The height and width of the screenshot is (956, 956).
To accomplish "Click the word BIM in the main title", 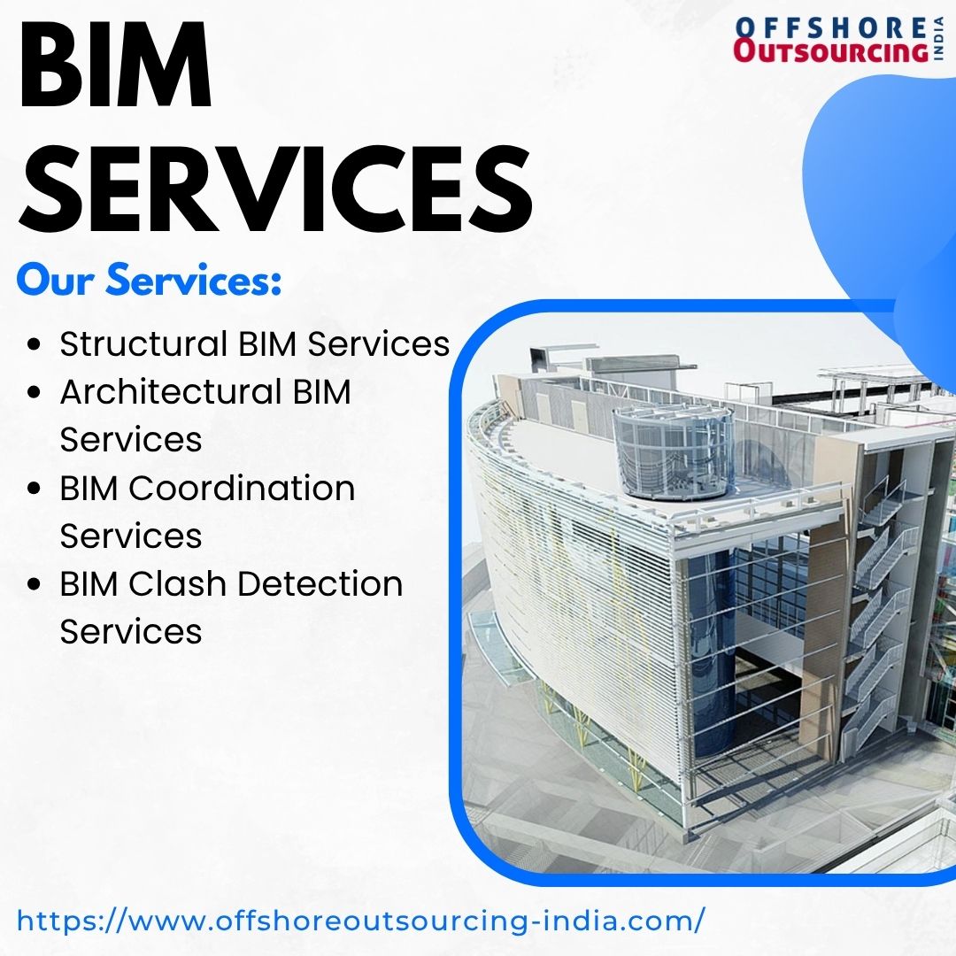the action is [115, 65].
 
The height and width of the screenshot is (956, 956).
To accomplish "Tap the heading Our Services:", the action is [150, 280].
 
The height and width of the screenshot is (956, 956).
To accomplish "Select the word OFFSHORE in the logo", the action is [830, 27].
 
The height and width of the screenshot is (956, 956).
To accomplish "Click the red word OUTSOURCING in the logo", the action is [830, 50].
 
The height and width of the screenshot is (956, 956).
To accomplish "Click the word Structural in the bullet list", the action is [143, 343].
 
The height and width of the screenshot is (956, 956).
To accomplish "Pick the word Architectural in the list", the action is [171, 391].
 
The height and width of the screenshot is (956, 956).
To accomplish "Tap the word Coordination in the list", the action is [242, 488].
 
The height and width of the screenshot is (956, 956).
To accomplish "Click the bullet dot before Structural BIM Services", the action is [35, 344].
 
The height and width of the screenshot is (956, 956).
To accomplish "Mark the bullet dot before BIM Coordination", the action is [35, 489].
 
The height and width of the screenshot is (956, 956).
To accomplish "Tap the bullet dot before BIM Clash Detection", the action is [35, 585].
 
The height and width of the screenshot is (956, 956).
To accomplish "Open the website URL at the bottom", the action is [361, 920].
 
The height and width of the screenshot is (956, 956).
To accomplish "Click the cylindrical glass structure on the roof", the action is [673, 452].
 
